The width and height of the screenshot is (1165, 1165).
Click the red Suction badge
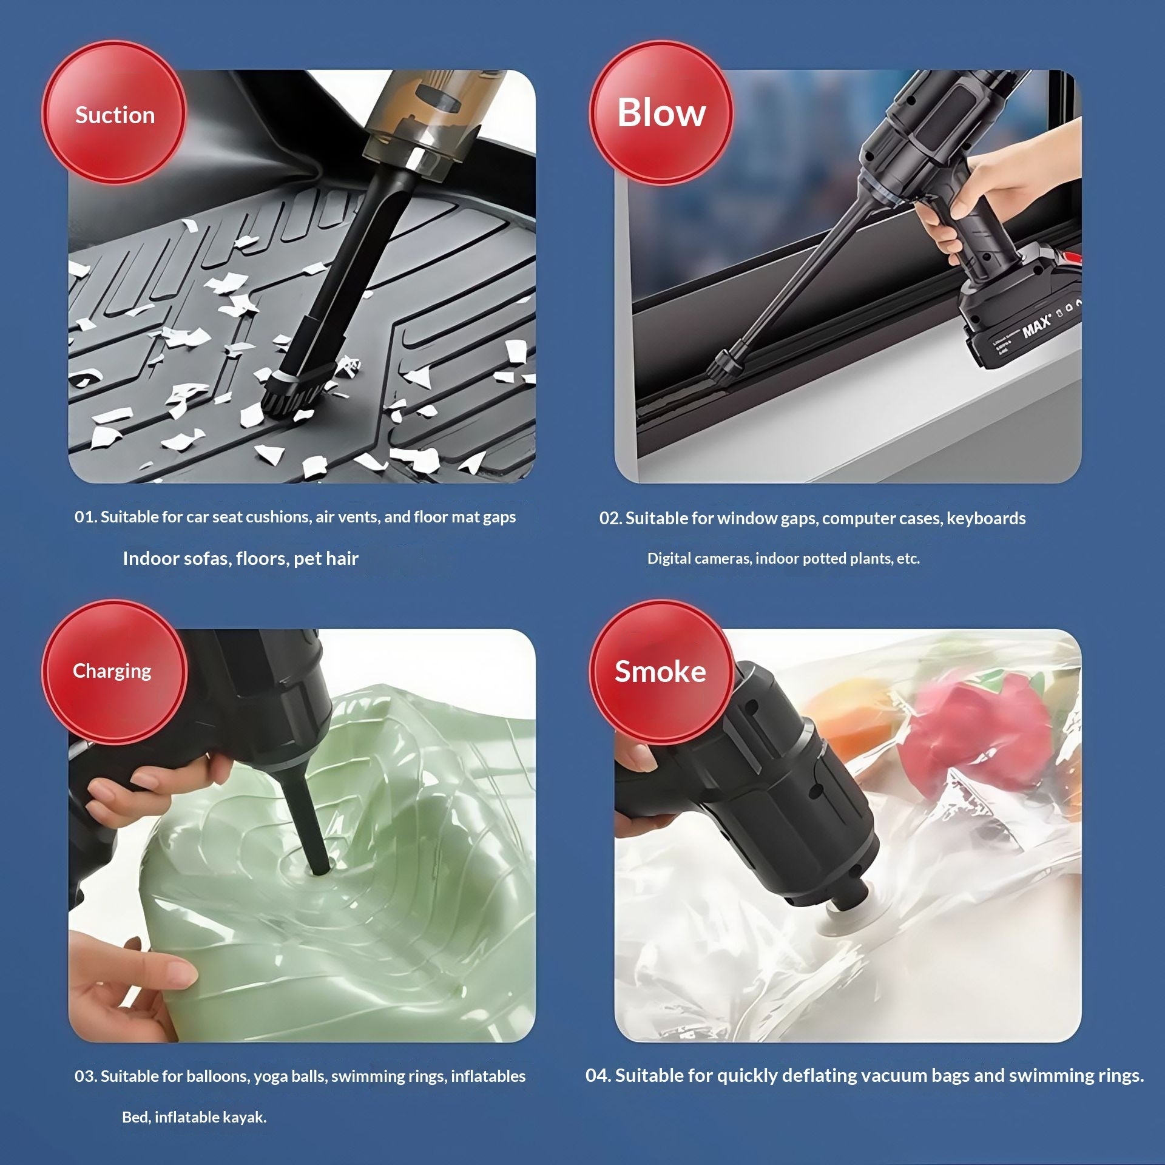(x=114, y=113)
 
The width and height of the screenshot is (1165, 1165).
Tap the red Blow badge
(x=661, y=113)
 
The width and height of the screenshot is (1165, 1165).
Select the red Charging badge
(x=114, y=672)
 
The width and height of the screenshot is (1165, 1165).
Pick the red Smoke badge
(x=661, y=672)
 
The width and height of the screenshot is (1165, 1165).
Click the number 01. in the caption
(x=86, y=517)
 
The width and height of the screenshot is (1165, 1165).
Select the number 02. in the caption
(x=610, y=518)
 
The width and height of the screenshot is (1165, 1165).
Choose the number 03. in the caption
(x=86, y=1076)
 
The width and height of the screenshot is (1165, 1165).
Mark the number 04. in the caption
(x=598, y=1075)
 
